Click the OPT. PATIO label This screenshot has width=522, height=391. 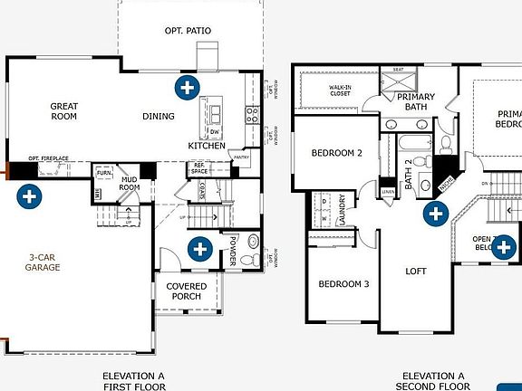pyautogui.click(x=188, y=31)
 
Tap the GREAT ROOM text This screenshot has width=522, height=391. pyautogui.click(x=63, y=111)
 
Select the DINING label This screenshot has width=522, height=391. pyautogui.click(x=159, y=116)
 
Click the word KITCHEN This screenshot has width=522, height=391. pyautogui.click(x=206, y=146)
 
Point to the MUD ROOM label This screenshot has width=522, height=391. pyautogui.click(x=130, y=185)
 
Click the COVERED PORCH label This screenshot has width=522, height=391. pyautogui.click(x=187, y=291)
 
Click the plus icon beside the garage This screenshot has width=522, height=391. pyautogui.click(x=29, y=195)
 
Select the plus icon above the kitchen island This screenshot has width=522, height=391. pyautogui.click(x=188, y=88)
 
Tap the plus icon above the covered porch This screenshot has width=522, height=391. pyautogui.click(x=198, y=247)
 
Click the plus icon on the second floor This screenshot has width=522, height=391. pyautogui.click(x=437, y=214)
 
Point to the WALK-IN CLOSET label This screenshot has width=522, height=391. pyautogui.click(x=340, y=91)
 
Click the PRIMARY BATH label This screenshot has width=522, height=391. pyautogui.click(x=415, y=101)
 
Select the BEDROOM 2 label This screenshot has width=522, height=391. pyautogui.click(x=336, y=153)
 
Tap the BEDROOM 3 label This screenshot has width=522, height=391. pyautogui.click(x=343, y=284)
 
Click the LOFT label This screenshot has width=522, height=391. pyautogui.click(x=415, y=271)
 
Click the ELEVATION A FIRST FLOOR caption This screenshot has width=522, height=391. pyautogui.click(x=132, y=379)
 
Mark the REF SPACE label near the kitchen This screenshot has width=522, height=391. pyautogui.click(x=198, y=168)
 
